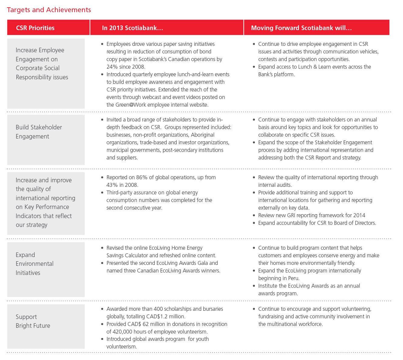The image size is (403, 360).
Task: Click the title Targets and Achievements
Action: [49, 10]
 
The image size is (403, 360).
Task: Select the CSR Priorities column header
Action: [35, 28]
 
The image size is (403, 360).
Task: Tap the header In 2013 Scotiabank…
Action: [132, 28]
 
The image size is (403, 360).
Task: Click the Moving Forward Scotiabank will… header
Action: [301, 28]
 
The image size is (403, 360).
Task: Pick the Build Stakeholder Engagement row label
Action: [39, 132]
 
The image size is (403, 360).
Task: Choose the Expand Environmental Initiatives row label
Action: [35, 264]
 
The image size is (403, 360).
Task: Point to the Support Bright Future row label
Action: [33, 321]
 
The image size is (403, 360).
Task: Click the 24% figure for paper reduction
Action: [112, 67]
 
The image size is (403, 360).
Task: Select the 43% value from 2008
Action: [112, 185]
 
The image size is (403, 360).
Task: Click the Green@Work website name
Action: [131, 105]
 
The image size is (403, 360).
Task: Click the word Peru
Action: [293, 278]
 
